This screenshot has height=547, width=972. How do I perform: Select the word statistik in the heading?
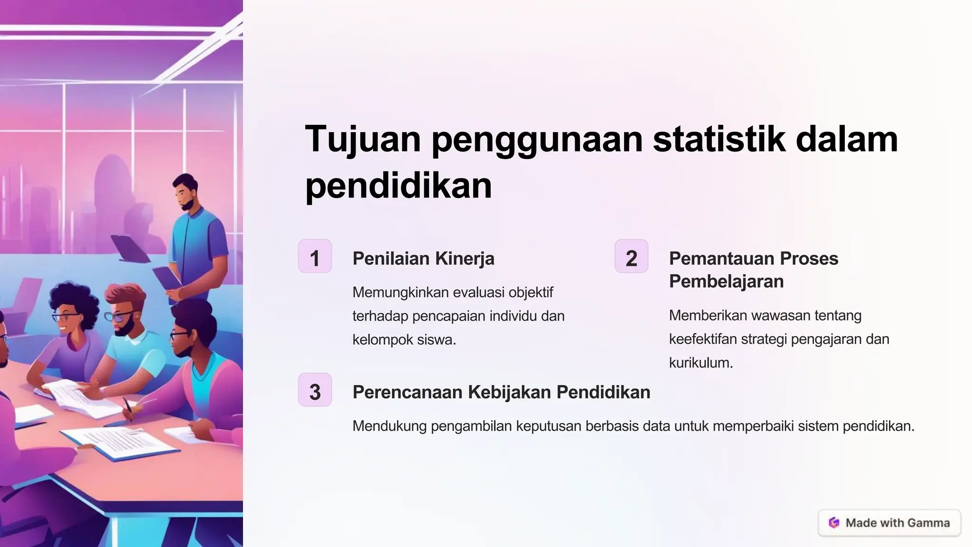tap(719, 139)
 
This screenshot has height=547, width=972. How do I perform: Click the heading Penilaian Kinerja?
tap(423, 259)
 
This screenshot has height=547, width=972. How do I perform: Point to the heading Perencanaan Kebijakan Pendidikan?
tap(501, 392)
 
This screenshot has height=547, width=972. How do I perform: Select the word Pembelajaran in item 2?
tap(726, 282)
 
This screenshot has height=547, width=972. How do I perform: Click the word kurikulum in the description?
tap(701, 363)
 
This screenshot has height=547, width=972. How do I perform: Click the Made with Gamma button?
tap(889, 523)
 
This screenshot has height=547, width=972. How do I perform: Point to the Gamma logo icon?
tap(834, 523)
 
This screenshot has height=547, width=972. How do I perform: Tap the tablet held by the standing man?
tap(168, 278)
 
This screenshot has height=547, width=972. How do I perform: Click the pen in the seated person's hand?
tap(128, 408)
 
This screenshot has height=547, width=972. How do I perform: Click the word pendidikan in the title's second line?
tap(398, 186)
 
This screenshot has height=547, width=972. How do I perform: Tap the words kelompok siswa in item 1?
tap(404, 340)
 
